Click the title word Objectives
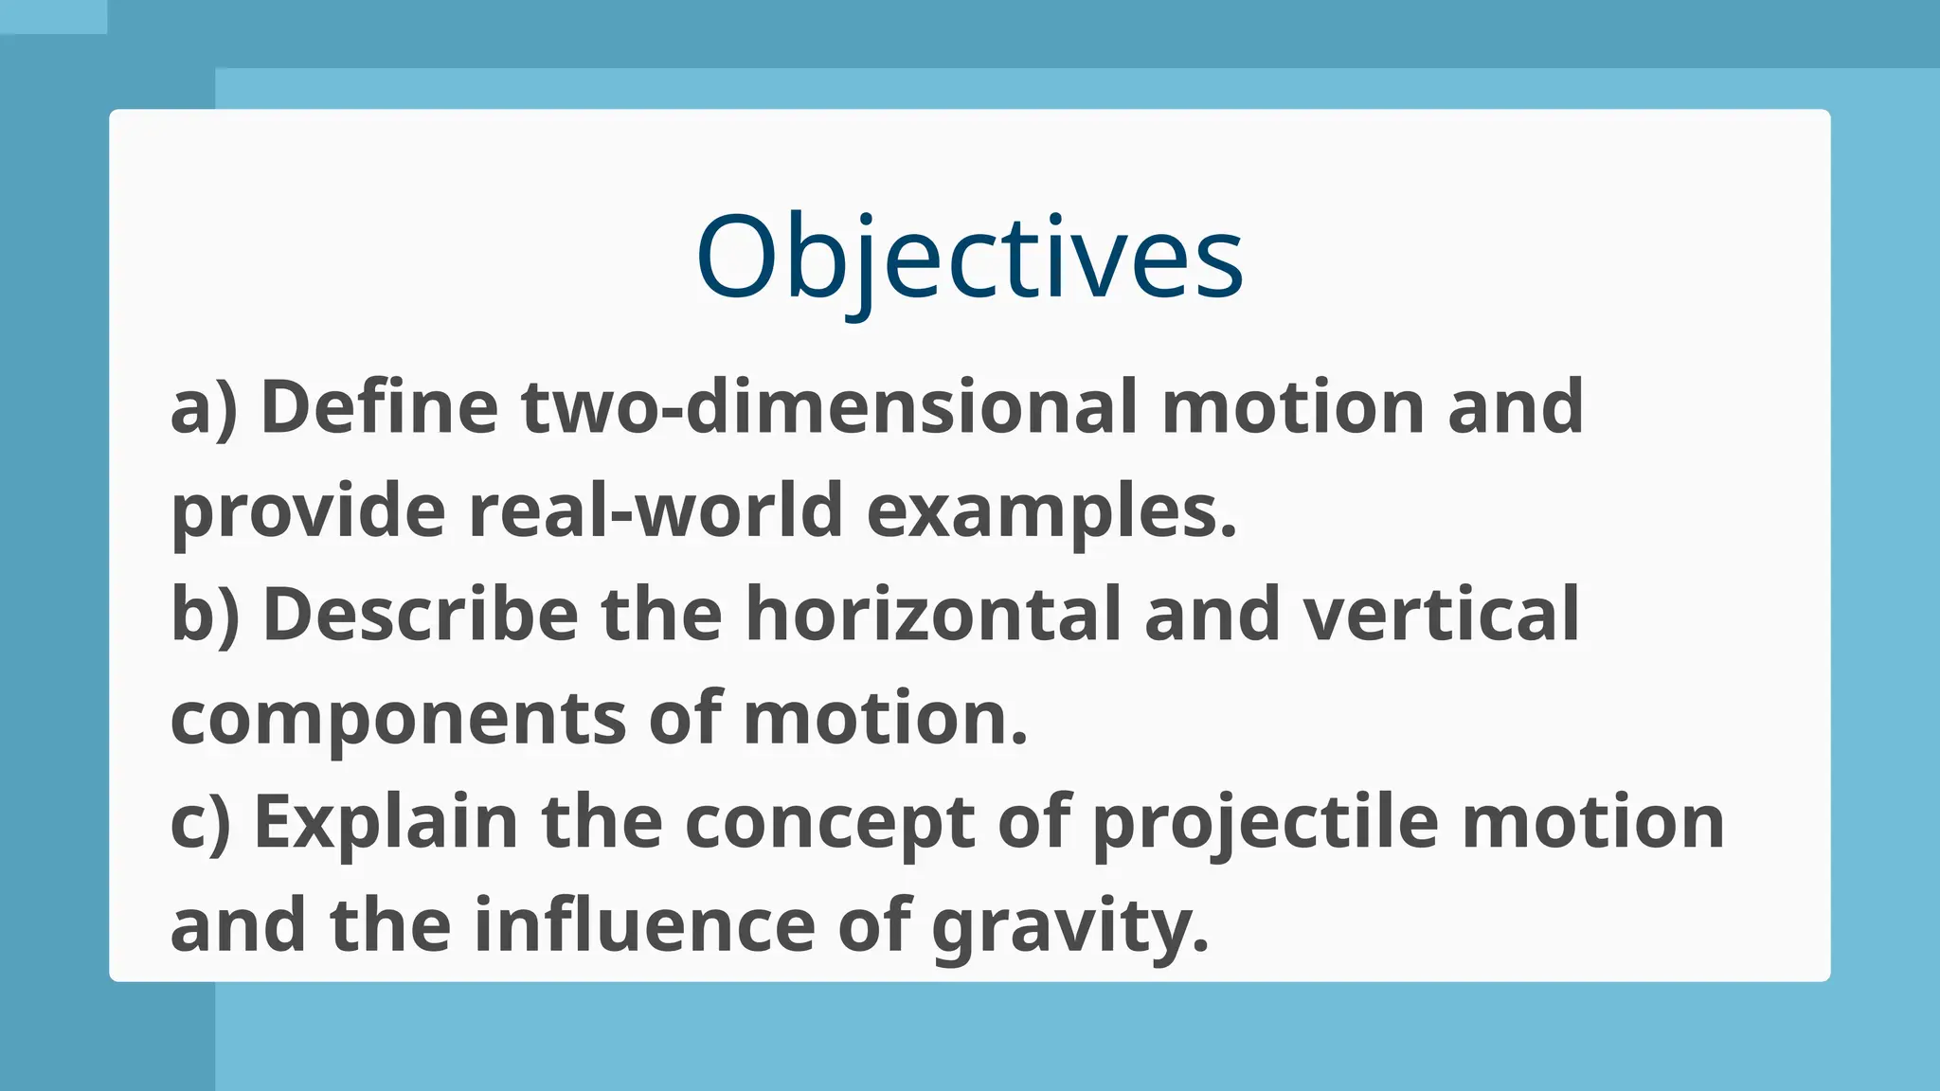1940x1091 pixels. pyautogui.click(x=969, y=258)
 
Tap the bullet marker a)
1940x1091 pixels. pyautogui.click(x=203, y=407)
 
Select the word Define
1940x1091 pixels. pyautogui.click(x=379, y=407)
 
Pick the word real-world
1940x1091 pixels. pyautogui.click(x=656, y=511)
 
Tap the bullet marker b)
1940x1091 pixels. pyautogui.click(x=205, y=615)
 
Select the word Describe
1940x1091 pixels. pyautogui.click(x=420, y=615)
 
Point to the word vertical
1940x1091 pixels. pyautogui.click(x=1441, y=615)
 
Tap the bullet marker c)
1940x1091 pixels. pyautogui.click(x=200, y=822)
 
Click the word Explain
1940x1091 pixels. pyautogui.click(x=386, y=822)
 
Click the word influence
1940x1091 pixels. pyautogui.click(x=644, y=925)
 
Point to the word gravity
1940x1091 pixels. pyautogui.click(x=1070, y=925)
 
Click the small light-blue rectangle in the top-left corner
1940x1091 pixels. pyautogui.click(x=53, y=16)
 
